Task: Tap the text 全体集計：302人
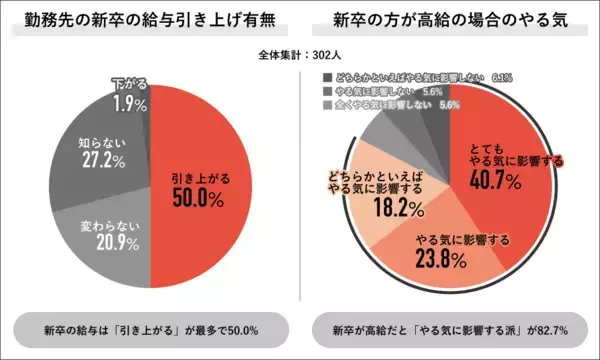[299, 56]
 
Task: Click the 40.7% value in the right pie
[496, 181]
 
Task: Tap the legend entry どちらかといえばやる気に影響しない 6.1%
[411, 76]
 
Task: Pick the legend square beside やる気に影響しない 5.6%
[326, 91]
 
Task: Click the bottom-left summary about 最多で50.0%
[150, 329]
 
